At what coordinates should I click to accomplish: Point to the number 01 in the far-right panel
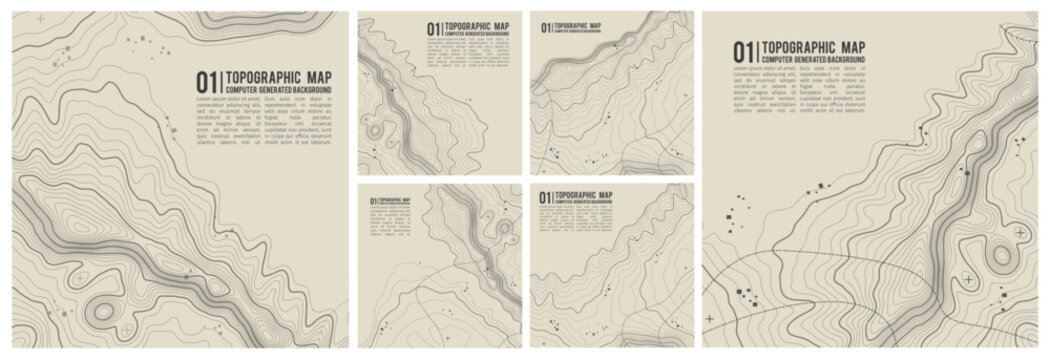[x=744, y=51]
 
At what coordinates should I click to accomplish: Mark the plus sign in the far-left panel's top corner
[x=40, y=19]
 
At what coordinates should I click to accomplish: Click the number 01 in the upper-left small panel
[x=433, y=29]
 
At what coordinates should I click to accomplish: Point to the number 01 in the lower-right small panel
[x=545, y=196]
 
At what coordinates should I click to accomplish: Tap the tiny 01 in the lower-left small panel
[x=373, y=200]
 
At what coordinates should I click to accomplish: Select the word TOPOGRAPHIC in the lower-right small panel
[x=576, y=193]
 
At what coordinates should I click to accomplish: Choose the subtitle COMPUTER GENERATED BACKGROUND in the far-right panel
[x=814, y=60]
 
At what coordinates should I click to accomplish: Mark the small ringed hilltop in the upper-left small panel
[x=375, y=128]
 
